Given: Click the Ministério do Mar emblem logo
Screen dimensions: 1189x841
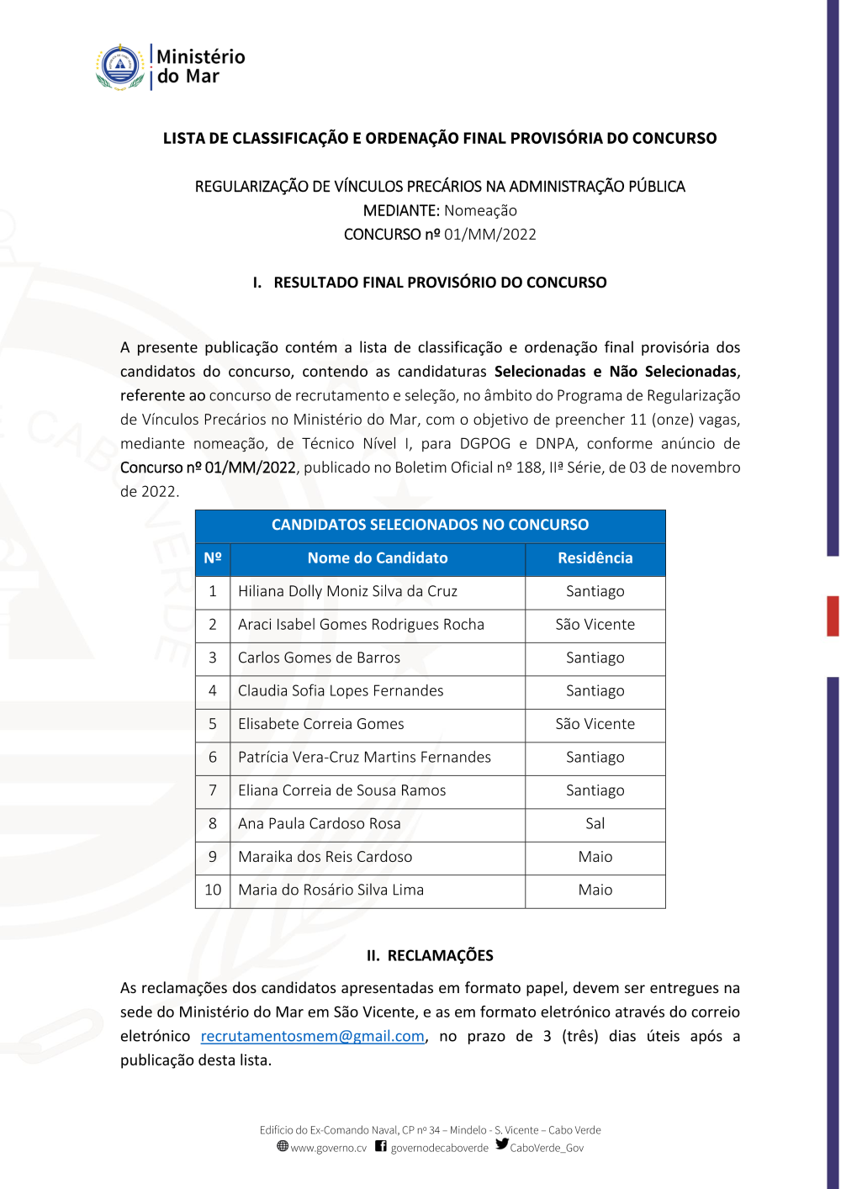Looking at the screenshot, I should click(x=121, y=67).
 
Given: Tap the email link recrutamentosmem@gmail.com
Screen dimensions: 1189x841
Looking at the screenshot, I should click(x=312, y=1036).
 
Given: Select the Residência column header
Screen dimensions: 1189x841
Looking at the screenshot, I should click(x=595, y=558).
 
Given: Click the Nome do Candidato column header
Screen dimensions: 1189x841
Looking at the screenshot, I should click(x=378, y=558).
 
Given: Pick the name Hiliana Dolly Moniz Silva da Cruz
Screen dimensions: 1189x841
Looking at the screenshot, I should click(x=347, y=591).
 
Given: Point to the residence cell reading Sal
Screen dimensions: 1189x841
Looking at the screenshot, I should click(x=595, y=823).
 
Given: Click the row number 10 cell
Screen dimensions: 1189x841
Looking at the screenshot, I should click(x=213, y=890).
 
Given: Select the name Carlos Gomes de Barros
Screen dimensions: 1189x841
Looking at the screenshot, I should click(x=319, y=658).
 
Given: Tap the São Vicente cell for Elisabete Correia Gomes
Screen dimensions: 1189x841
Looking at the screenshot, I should click(x=595, y=724).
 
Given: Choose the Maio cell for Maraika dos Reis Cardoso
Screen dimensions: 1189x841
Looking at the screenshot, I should click(x=595, y=857).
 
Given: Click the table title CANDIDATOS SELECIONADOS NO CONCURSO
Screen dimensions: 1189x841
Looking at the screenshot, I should click(x=430, y=525).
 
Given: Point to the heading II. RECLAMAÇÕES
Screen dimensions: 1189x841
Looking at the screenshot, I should click(x=430, y=955).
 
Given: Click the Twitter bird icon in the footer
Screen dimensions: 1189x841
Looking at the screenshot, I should click(x=502, y=1144).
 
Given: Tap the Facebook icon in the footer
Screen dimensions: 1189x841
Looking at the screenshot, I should click(x=381, y=1146).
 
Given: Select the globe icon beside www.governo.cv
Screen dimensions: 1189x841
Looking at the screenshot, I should click(x=283, y=1146).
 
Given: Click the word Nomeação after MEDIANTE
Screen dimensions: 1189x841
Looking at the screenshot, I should click(x=480, y=210).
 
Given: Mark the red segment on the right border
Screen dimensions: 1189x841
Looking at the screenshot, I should click(x=833, y=616).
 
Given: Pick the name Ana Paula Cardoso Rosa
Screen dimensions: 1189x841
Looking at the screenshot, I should click(x=319, y=823).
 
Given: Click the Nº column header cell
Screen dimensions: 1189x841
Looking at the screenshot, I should click(x=213, y=558).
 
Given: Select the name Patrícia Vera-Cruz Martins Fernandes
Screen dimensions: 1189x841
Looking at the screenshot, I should click(x=364, y=757).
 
